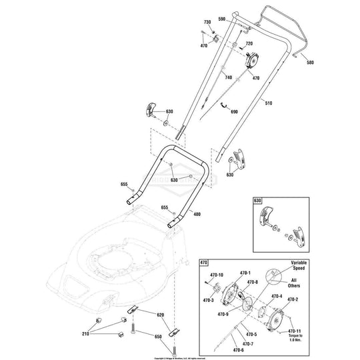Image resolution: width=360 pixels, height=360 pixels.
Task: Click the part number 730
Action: click(206, 23)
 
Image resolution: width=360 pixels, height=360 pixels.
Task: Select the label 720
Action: click(250, 44)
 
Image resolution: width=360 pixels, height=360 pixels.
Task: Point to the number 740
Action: click(229, 78)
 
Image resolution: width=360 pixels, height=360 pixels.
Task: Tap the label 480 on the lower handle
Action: click(197, 214)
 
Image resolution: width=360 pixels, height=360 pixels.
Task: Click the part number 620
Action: click(160, 314)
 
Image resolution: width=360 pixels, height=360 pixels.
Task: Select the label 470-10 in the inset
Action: click(217, 274)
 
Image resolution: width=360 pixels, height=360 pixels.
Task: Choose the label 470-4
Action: click(277, 296)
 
